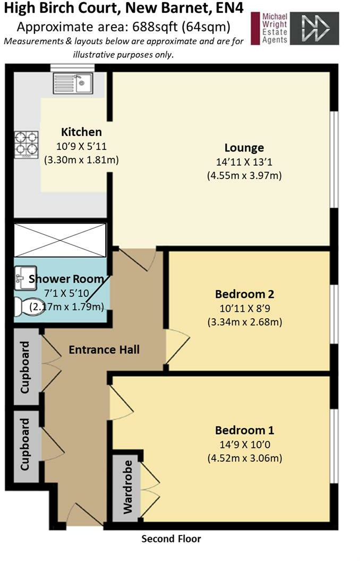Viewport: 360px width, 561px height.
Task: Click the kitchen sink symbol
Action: click(73, 83)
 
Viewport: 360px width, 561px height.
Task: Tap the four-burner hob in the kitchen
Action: click(26, 145)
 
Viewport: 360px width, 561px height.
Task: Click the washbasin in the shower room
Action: click(25, 278)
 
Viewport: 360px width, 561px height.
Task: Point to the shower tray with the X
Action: click(60, 240)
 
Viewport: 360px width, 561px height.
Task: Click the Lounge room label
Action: click(244, 148)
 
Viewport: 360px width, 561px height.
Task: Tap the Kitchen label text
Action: click(82, 132)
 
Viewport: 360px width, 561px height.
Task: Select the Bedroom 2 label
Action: click(245, 294)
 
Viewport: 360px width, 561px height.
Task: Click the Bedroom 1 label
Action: click(245, 430)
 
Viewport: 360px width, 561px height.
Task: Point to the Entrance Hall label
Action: click(104, 350)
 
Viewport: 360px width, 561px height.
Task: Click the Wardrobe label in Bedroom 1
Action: click(127, 487)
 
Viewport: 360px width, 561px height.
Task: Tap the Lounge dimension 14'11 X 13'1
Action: click(244, 162)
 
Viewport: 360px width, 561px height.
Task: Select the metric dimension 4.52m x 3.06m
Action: click(245, 458)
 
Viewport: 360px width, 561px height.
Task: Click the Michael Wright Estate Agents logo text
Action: click(275, 28)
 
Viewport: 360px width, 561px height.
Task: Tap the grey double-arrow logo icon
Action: click(314, 28)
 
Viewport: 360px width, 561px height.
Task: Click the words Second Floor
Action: click(172, 539)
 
